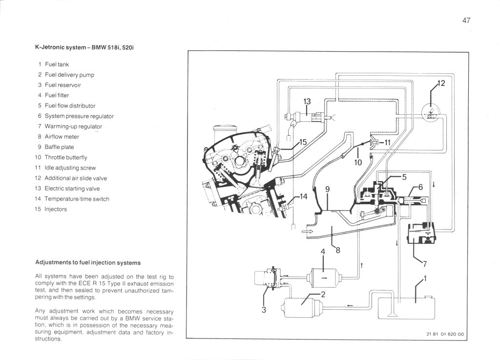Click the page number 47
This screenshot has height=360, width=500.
pos(465,21)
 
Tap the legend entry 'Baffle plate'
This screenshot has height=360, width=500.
pos(59,147)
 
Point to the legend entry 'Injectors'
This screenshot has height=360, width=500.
pos(56,209)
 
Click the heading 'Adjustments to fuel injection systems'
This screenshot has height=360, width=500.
pos(88,262)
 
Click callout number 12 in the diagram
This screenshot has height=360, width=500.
pos(441,84)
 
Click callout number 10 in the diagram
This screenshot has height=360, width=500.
pos(358,163)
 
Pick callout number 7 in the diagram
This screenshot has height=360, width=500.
pos(425,264)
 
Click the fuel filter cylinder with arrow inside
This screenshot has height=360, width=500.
pos(323,276)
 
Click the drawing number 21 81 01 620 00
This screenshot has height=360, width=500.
pos(444,334)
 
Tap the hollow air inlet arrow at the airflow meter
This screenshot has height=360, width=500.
pos(309,232)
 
